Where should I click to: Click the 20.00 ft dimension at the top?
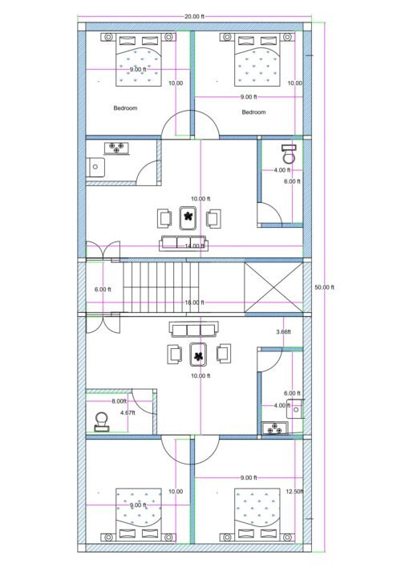193,16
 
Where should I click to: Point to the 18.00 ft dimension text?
194,302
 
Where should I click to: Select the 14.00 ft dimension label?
193,245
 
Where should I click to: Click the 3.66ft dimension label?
283,331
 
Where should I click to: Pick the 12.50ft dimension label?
294,492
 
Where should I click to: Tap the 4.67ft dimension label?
128,412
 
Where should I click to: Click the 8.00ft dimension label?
119,401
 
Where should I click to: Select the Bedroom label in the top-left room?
125,108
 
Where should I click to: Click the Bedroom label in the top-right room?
253,112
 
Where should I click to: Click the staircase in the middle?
160,286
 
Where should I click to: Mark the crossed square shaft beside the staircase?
273,286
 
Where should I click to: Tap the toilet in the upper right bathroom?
289,154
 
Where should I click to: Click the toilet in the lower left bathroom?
102,420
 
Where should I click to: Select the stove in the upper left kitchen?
119,148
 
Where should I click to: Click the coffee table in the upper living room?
188,217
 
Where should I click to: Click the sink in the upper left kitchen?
95,167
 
